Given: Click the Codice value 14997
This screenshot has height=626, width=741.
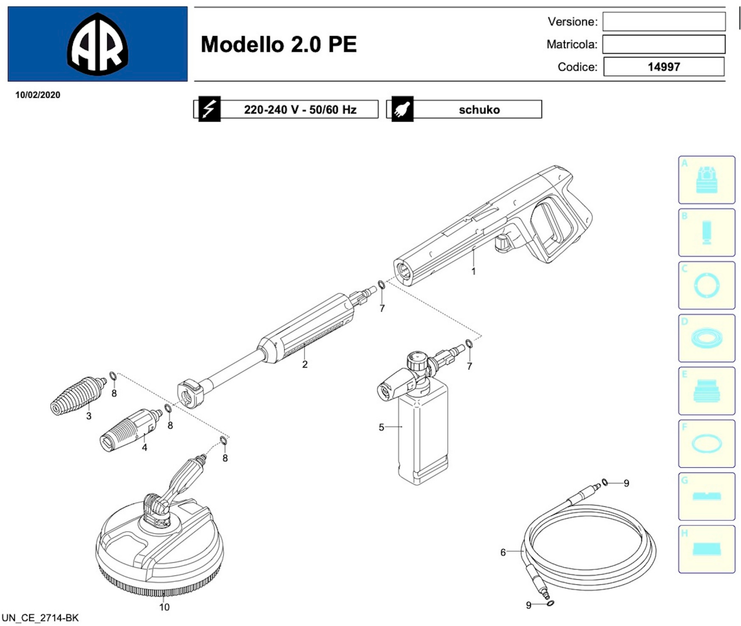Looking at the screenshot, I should (x=663, y=67).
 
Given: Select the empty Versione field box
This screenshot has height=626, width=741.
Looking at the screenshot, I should (x=664, y=22).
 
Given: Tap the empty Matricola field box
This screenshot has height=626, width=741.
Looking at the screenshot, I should (x=664, y=44).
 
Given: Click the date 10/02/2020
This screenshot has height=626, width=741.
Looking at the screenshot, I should (x=38, y=95).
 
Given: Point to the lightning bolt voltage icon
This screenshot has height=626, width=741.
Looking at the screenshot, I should (x=209, y=109).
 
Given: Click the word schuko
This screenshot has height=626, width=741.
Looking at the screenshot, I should (x=479, y=110).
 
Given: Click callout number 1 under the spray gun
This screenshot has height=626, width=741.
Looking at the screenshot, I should (x=473, y=272).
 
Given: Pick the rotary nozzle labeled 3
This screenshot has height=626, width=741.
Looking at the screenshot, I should (x=76, y=395).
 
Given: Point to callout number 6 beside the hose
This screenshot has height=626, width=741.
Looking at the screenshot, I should (x=503, y=552).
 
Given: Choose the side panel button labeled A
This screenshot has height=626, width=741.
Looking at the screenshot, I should (x=706, y=180).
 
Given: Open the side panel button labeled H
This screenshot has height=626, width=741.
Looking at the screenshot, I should (x=706, y=549).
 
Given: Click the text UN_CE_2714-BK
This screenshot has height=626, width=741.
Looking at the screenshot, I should (x=40, y=618).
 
